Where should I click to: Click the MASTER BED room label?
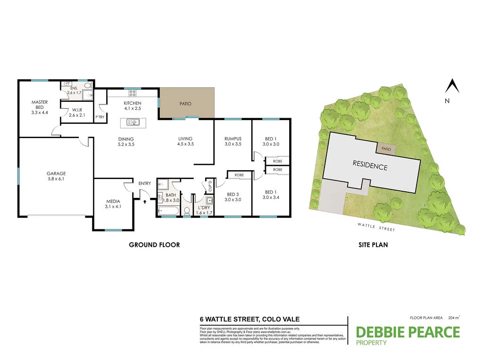[40, 107]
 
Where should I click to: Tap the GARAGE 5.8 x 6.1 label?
[56, 176]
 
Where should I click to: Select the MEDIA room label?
[113, 204]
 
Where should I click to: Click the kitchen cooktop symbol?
[133, 92]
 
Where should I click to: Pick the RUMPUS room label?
[233, 141]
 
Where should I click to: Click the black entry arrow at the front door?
[145, 201]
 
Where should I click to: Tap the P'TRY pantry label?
[100, 116]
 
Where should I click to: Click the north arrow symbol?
[452, 87]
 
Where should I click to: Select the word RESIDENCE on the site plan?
[370, 165]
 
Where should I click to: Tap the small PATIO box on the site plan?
[386, 148]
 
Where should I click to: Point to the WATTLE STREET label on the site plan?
[375, 228]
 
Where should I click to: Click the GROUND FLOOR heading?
[155, 245]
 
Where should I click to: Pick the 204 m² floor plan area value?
[454, 318]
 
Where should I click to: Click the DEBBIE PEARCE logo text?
[408, 332]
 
